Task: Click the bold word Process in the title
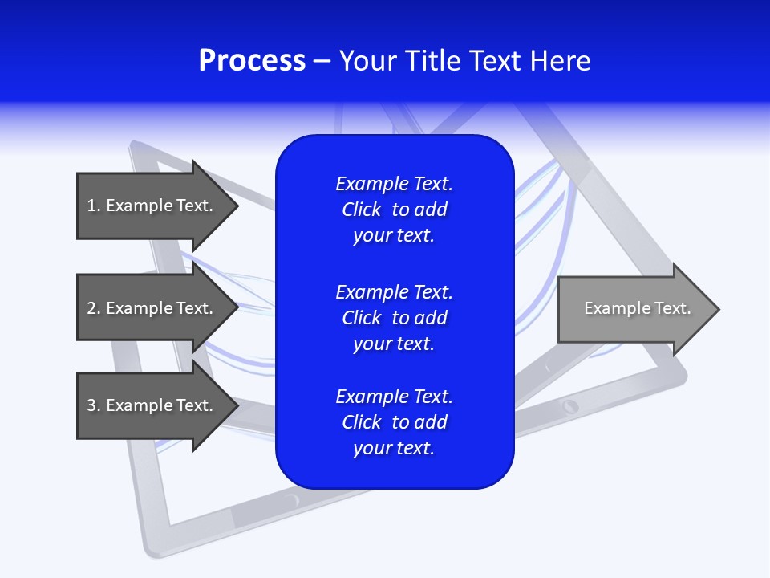pyautogui.click(x=252, y=61)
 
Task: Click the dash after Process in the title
pyautogui.click(x=322, y=62)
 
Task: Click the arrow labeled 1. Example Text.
pyautogui.click(x=156, y=206)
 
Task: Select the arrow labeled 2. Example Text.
pyautogui.click(x=156, y=308)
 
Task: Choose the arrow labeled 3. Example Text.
pyautogui.click(x=156, y=405)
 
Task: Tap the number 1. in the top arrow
pyautogui.click(x=94, y=206)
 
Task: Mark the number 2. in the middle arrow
pyautogui.click(x=94, y=308)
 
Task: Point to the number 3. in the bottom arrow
pyautogui.click(x=94, y=405)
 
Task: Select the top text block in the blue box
pyautogui.click(x=394, y=210)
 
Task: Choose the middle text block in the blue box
pyautogui.click(x=394, y=317)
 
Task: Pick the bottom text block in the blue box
pyautogui.click(x=394, y=422)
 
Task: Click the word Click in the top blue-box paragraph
pyautogui.click(x=361, y=210)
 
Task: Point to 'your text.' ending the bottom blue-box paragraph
pyautogui.click(x=394, y=448)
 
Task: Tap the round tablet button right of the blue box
pyautogui.click(x=570, y=405)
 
